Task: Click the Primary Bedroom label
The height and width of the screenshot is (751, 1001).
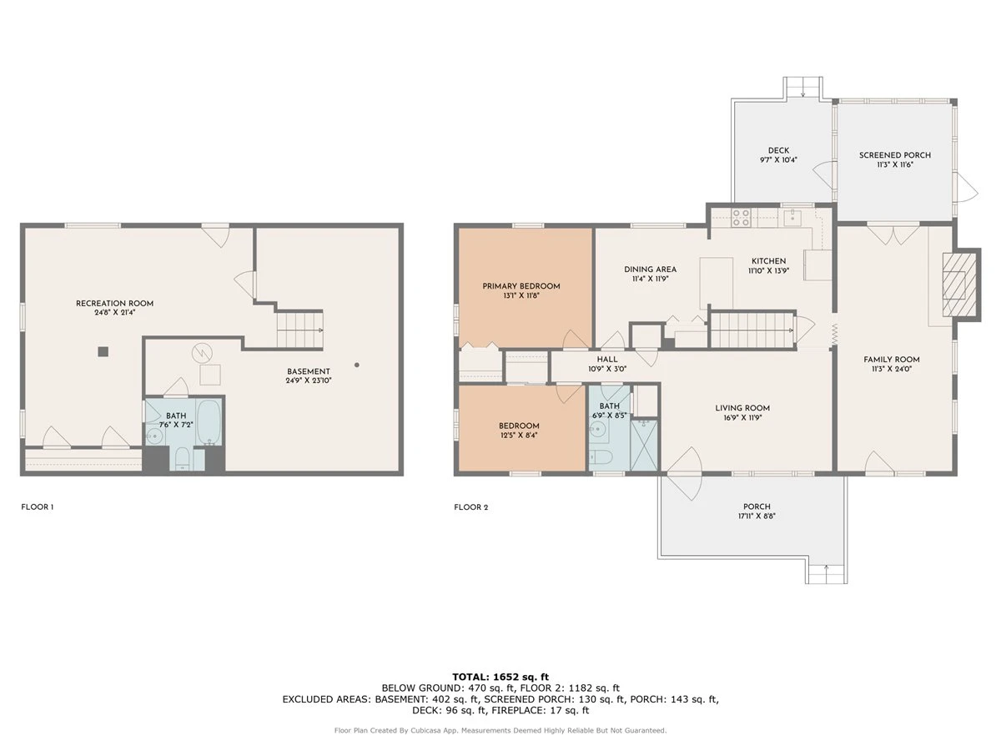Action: tap(521, 286)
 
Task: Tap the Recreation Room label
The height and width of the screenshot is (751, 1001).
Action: tap(114, 304)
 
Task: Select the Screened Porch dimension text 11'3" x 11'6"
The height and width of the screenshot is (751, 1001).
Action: tap(895, 164)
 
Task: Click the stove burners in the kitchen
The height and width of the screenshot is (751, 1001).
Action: tap(741, 218)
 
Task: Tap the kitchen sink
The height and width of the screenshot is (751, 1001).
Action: tap(793, 217)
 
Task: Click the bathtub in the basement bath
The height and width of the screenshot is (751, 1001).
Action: tap(209, 422)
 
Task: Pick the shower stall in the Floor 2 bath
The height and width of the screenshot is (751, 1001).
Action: tap(643, 445)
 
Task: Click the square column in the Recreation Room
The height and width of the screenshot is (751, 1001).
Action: tap(103, 351)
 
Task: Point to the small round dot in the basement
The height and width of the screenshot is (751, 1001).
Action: tap(357, 365)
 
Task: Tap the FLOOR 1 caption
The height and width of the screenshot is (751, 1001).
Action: tap(38, 507)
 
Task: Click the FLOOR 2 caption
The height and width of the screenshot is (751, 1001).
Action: tap(471, 507)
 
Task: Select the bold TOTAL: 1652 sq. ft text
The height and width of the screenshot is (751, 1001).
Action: tap(500, 677)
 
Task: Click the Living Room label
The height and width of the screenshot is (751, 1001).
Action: tap(742, 408)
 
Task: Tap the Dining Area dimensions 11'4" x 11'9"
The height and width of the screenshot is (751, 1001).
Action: tap(650, 279)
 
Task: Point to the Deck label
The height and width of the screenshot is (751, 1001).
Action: tap(778, 150)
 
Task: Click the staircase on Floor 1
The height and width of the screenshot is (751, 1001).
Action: tap(300, 330)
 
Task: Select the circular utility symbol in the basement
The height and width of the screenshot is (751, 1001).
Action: tap(202, 352)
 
